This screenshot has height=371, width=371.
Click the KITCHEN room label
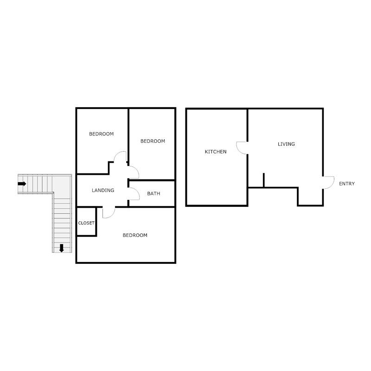click(x=216, y=152)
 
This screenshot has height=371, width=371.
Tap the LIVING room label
click(x=286, y=144)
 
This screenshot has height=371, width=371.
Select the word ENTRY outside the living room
click(x=347, y=184)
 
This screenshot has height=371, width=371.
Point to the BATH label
click(x=154, y=193)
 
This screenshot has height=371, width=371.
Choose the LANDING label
click(x=103, y=190)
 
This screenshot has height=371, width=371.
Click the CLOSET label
click(x=86, y=223)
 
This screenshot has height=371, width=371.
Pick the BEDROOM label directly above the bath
click(x=153, y=141)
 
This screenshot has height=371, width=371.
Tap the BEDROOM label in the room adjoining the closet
click(x=135, y=235)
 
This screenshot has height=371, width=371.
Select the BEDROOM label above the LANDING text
click(x=102, y=134)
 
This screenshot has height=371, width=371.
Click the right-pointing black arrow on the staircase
click(x=22, y=184)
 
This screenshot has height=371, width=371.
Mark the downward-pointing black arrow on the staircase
click(x=61, y=248)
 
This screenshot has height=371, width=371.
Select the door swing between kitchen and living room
click(x=241, y=147)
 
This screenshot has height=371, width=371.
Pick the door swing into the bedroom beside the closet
click(x=109, y=212)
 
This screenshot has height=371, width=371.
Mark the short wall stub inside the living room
click(x=263, y=180)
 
